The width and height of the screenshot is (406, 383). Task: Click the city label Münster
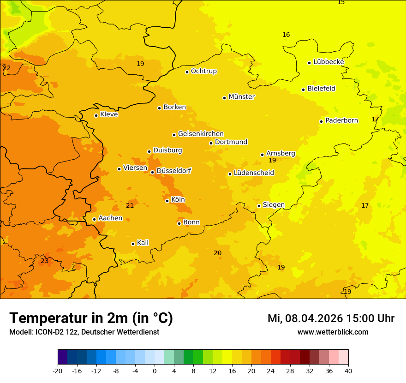tap(242, 97)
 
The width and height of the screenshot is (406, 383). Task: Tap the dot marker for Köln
tap(167, 201)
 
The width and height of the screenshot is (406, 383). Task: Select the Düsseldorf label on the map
tap(174, 171)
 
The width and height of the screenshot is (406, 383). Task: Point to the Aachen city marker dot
tap(94, 219)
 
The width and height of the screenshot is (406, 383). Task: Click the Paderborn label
tap(341, 120)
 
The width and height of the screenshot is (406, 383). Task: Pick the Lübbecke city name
tap(328, 62)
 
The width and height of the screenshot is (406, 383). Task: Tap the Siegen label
tap(274, 205)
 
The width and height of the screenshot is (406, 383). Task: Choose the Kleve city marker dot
tap(96, 115)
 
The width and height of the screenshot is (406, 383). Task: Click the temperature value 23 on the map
tap(44, 261)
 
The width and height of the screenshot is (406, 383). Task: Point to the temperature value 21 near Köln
tap(130, 205)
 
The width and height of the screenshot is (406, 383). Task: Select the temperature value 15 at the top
tap(341, 2)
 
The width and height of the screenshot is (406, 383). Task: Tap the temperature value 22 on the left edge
tap(6, 68)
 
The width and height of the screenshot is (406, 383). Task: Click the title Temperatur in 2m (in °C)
tap(91, 318)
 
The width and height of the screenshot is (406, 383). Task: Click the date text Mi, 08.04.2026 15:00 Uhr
tap(331, 318)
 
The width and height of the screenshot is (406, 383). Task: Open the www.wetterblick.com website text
tap(333, 332)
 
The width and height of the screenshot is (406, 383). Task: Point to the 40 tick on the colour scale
tap(348, 371)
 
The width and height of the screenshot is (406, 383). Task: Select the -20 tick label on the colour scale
tap(58, 371)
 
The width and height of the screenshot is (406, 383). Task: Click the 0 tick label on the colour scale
tap(155, 371)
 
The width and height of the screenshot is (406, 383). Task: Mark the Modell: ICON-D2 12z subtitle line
tap(84, 332)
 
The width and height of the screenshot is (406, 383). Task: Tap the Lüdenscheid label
tap(254, 173)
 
